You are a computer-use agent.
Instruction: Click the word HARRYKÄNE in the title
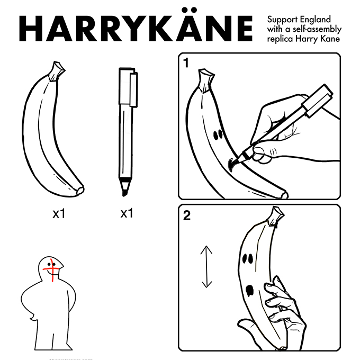136,29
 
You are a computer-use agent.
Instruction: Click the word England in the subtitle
312,20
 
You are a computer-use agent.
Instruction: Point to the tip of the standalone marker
125,192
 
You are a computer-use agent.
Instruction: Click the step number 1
186,64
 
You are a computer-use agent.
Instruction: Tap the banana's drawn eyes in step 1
217,135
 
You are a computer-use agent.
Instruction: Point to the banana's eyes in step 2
246,259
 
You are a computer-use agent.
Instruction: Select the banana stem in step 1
205,79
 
